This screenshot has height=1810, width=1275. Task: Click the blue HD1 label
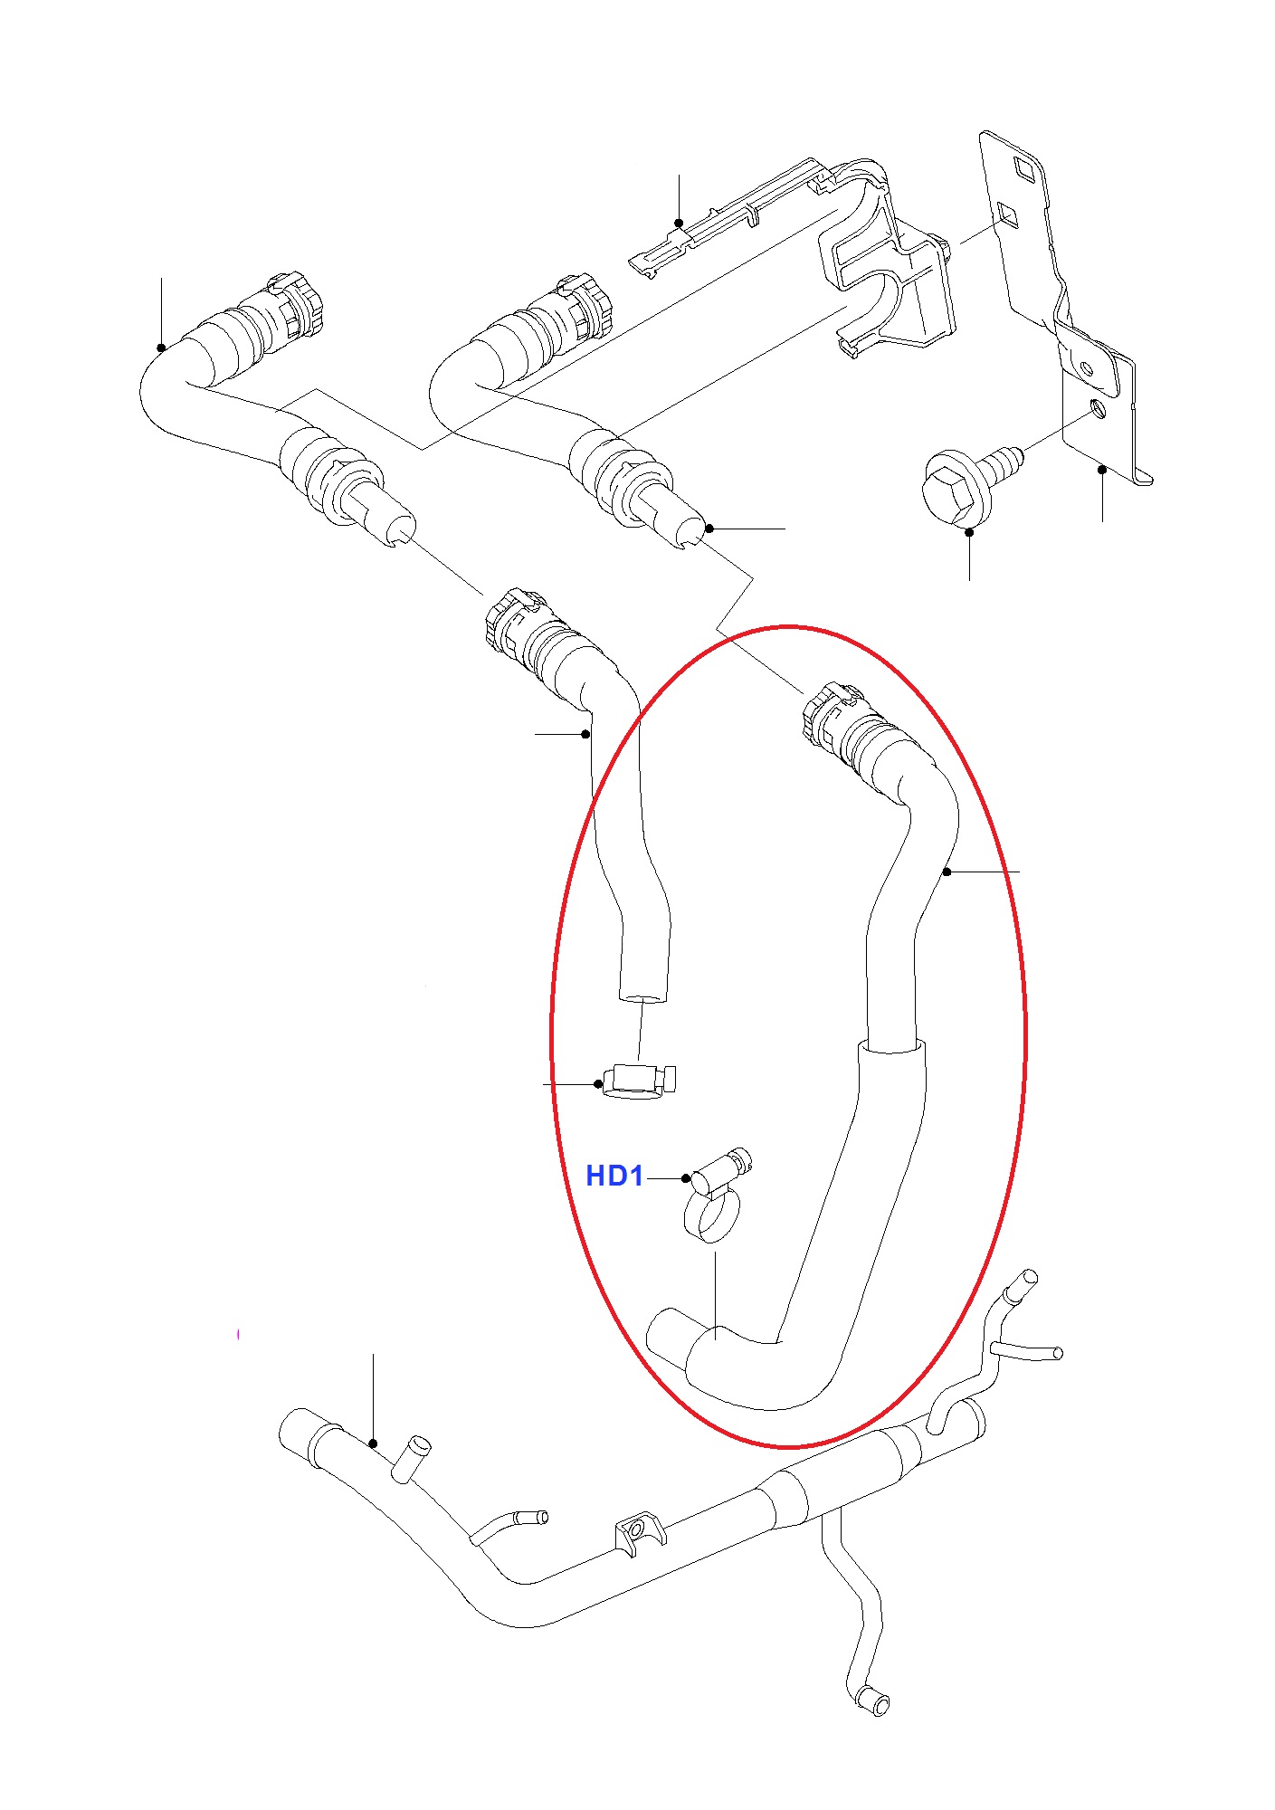(x=614, y=1176)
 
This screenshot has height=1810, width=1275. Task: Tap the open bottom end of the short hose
(x=643, y=999)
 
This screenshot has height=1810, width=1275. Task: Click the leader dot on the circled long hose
(x=947, y=872)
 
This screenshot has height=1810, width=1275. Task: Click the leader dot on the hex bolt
(x=969, y=532)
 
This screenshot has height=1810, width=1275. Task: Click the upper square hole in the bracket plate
(x=1026, y=167)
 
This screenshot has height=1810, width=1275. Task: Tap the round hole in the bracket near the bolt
(x=1098, y=408)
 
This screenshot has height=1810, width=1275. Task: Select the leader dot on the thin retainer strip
(x=679, y=223)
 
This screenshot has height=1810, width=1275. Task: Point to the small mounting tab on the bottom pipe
(x=639, y=1531)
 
